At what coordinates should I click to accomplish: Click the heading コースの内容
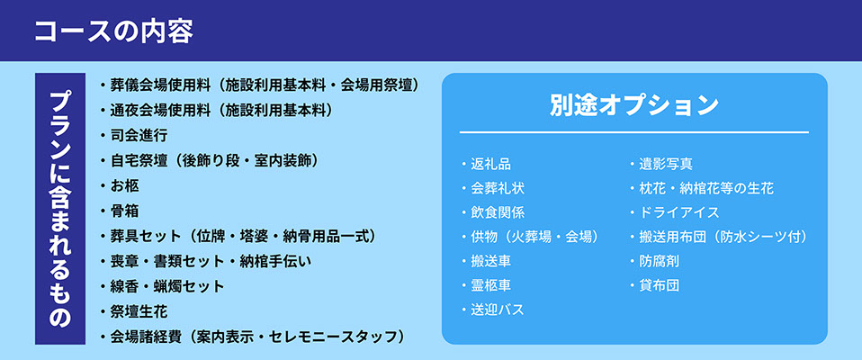click(x=113, y=31)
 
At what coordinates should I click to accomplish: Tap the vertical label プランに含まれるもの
click(x=60, y=209)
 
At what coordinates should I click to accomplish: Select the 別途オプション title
click(x=633, y=105)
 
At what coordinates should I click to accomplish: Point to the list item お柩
click(x=124, y=185)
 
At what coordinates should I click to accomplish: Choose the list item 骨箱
click(x=124, y=211)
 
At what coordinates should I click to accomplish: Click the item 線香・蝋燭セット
click(x=167, y=286)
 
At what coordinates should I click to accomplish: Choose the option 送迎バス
click(x=498, y=310)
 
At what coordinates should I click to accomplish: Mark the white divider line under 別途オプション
click(x=633, y=132)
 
